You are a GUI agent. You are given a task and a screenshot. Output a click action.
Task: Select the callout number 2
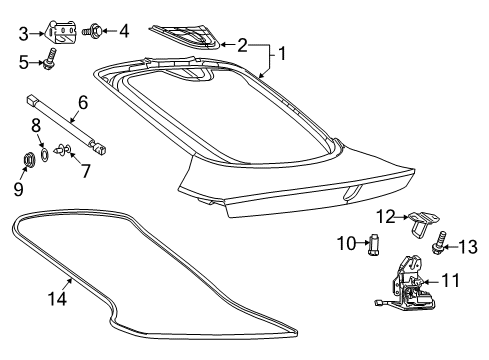point(241,45)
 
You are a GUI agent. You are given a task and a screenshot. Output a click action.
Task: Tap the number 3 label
point(22,32)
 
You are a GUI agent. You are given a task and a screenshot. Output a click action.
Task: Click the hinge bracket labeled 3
point(63,32)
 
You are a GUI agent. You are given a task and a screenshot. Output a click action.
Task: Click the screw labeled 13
point(441,243)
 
